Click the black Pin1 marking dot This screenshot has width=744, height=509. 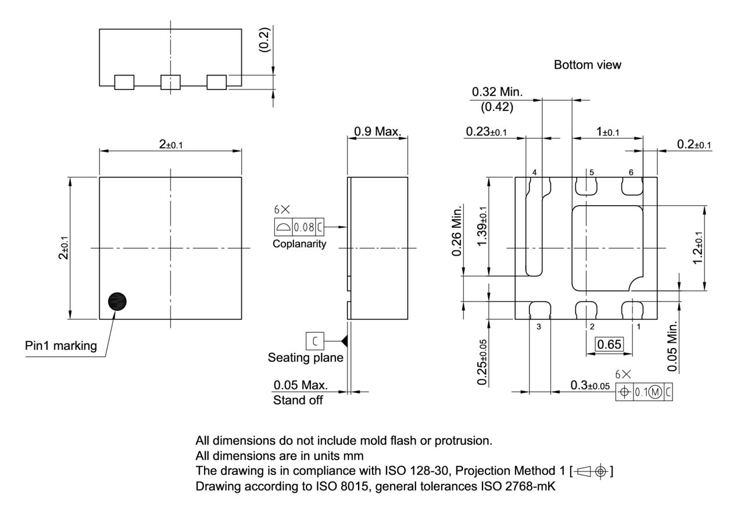[x=119, y=302]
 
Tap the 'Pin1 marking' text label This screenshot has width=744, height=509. [x=61, y=346]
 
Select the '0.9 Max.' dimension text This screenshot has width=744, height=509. [x=377, y=132]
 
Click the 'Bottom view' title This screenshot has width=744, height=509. [x=587, y=65]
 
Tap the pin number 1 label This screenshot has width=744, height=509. [x=638, y=326]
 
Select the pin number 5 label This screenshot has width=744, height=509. [x=591, y=173]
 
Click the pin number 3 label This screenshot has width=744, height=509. [x=538, y=326]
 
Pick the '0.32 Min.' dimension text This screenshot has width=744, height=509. [x=497, y=92]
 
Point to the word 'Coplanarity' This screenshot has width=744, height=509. [x=299, y=244]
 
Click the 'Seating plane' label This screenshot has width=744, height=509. [x=305, y=358]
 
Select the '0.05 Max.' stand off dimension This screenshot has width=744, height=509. [x=301, y=385]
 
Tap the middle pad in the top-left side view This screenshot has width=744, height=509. [x=170, y=83]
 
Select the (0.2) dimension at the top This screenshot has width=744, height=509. [x=264, y=40]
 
